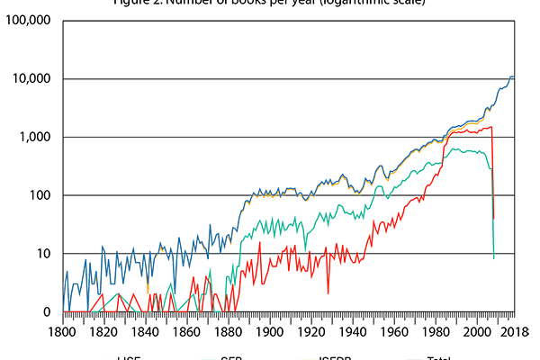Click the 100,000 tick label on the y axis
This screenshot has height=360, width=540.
[26, 20]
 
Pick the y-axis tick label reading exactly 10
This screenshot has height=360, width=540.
[41, 254]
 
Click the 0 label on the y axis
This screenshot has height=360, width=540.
[46, 312]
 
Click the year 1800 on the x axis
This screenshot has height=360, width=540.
[63, 331]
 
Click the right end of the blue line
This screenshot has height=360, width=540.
[514, 76]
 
